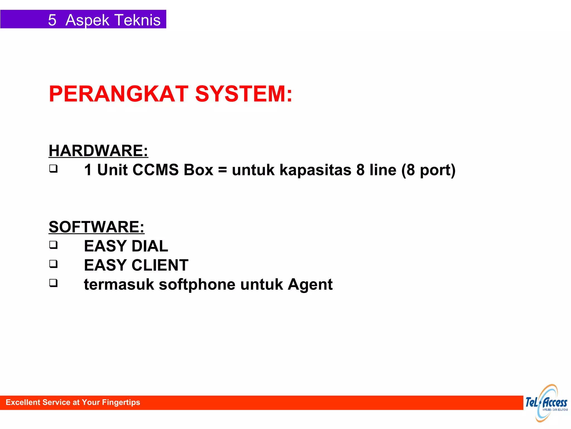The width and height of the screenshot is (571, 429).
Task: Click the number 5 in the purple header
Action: coord(52,20)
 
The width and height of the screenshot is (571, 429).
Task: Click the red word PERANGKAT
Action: coord(119,94)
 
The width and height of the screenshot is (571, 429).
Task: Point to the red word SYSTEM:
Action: coord(244,94)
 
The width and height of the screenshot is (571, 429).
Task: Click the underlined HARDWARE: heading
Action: coord(98,151)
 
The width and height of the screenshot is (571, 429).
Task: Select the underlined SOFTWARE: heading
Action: coord(96,227)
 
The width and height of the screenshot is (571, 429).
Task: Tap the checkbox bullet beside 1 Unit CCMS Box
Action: coord(54,169)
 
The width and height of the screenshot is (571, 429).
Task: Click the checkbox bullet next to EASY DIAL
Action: coord(54,245)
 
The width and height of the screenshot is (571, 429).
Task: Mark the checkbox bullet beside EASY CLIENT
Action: coord(54,264)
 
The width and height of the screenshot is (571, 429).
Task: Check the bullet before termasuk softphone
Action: coord(54,283)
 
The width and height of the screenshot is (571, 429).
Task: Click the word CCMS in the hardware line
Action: coord(155,170)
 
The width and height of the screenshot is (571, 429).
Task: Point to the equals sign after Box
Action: coord(222,170)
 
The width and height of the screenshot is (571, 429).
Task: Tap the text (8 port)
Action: coord(428,170)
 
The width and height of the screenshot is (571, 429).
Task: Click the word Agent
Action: coord(310,285)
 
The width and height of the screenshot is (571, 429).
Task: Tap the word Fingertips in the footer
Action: coord(121,402)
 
